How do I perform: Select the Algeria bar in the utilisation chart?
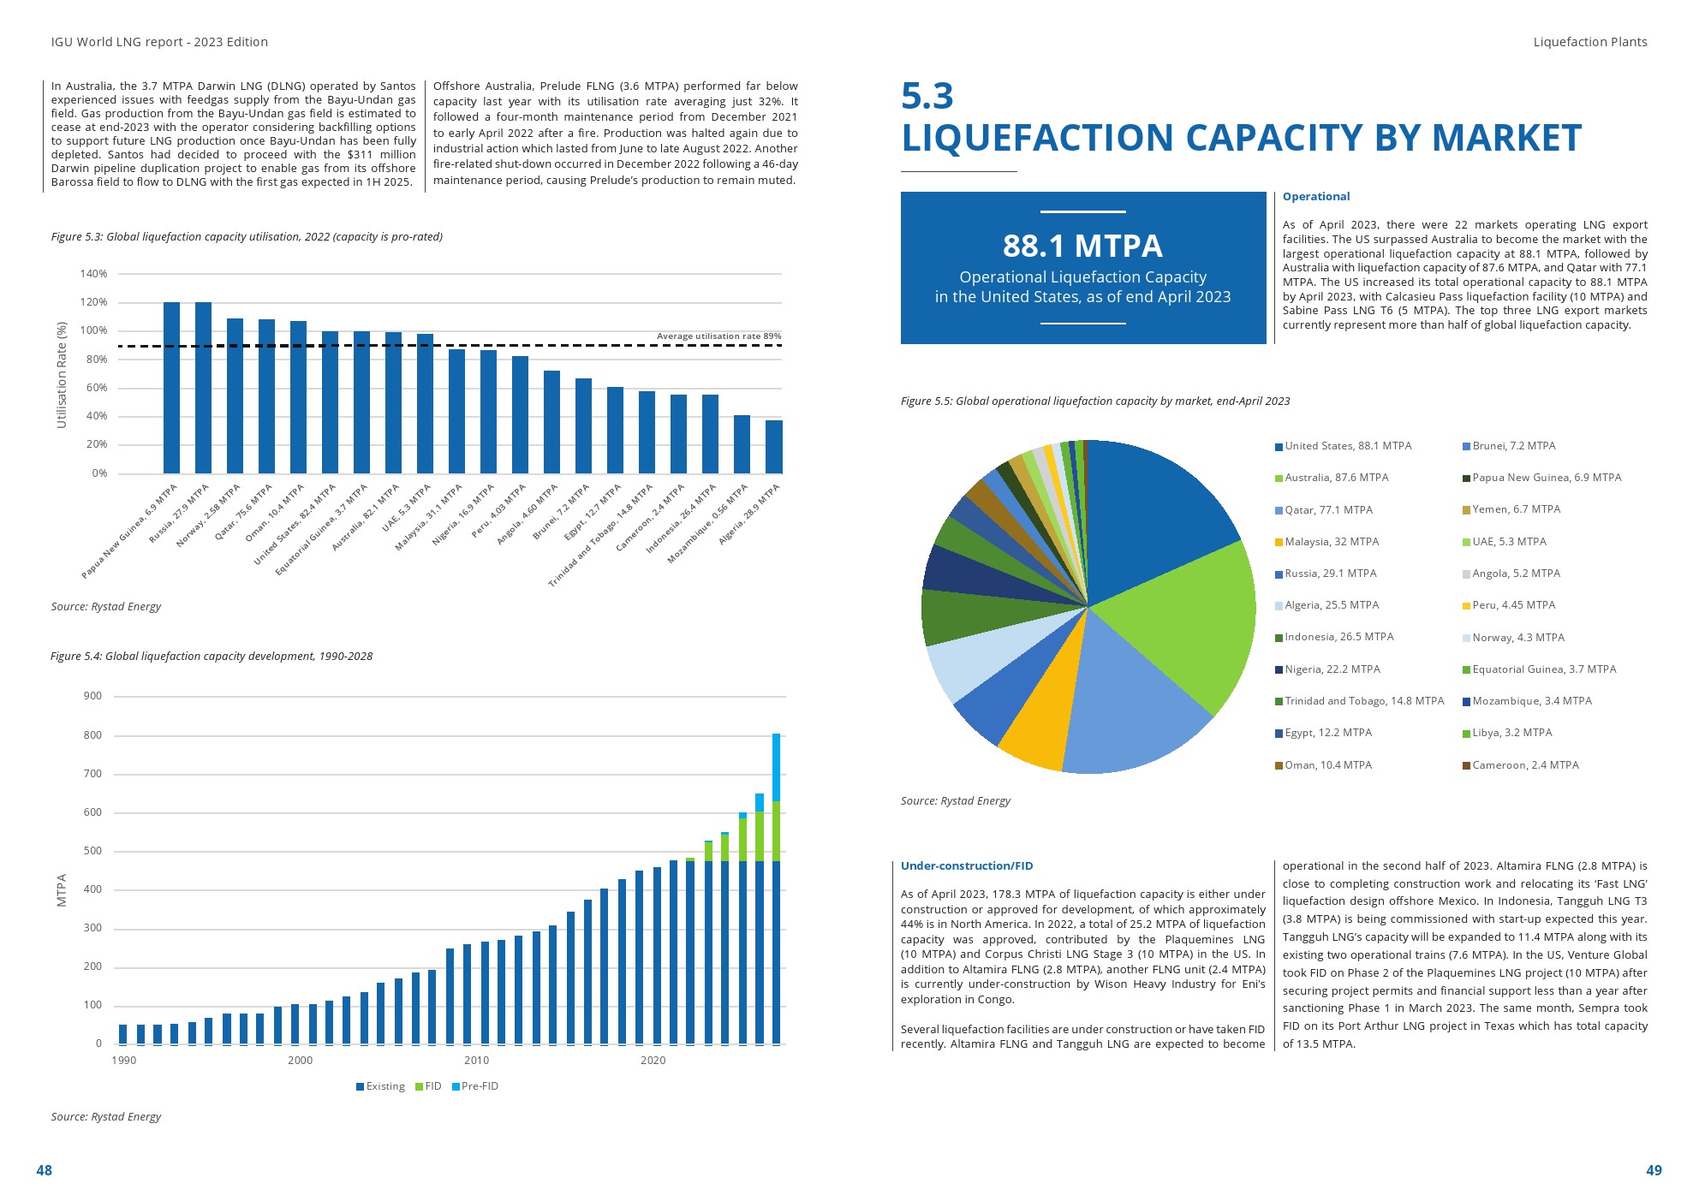[773, 447]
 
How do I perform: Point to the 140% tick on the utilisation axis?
[94, 274]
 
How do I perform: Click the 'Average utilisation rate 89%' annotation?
[718, 336]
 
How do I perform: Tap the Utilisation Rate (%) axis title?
[62, 375]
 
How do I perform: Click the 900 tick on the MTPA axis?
[92, 696]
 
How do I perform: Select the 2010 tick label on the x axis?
[476, 1061]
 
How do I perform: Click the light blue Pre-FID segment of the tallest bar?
[776, 767]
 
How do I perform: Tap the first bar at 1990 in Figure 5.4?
[123, 1034]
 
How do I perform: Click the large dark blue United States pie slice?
[1148, 514]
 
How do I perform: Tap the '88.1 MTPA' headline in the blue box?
[1082, 247]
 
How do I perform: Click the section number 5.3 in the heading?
[927, 96]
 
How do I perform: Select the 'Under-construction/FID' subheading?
[967, 866]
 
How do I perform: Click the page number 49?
[1654, 1170]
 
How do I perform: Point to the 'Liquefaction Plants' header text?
[1589, 42]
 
